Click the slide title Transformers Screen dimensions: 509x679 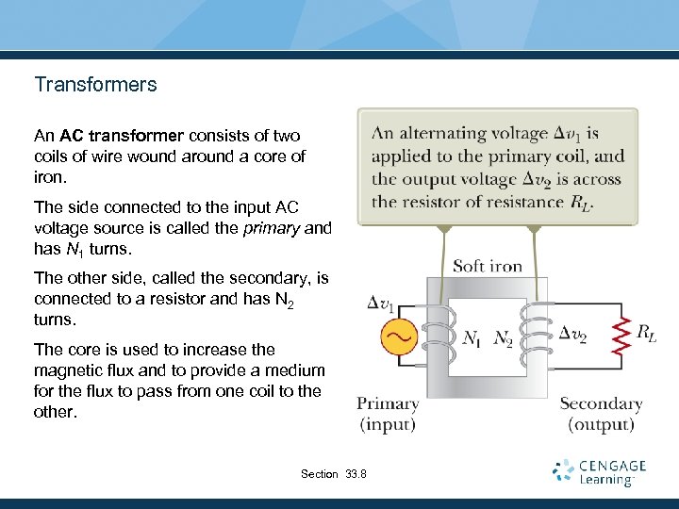[x=95, y=85]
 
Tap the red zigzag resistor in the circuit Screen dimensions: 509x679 [x=621, y=337]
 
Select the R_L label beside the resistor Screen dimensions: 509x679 [x=647, y=332]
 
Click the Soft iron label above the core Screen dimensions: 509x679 [x=488, y=266]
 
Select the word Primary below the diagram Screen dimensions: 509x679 [x=388, y=403]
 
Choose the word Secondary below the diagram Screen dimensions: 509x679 [x=601, y=403]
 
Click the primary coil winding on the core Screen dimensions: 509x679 [x=438, y=337]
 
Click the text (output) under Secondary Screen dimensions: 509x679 [x=601, y=424]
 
